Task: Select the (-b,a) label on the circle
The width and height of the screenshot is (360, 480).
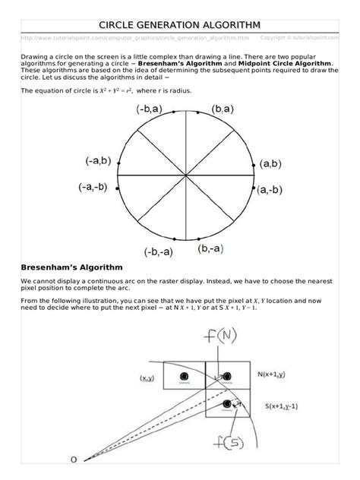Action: pos(149,109)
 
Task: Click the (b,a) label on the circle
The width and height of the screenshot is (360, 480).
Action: pos(207,109)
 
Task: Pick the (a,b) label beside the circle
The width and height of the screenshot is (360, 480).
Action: pos(270,163)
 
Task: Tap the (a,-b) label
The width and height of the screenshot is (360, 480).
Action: pos(270,189)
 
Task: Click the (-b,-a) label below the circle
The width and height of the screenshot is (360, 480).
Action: pos(158,251)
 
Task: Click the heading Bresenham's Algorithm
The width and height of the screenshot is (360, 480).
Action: pos(72,267)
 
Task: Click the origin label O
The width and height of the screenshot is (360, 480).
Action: pos(74,459)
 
